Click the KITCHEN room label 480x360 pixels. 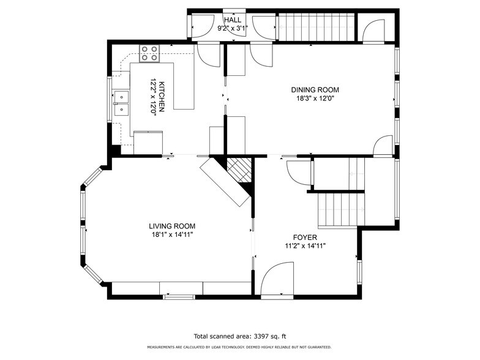[162, 97]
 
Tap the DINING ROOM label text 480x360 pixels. [315, 89]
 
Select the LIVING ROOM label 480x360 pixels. [172, 227]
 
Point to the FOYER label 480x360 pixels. [305, 238]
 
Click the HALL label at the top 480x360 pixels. [233, 20]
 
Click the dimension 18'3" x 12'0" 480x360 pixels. [315, 99]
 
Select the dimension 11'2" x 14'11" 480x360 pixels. [305, 246]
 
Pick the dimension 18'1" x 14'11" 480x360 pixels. [172, 235]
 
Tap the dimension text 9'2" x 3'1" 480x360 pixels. [233, 28]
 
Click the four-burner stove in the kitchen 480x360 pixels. [149, 53]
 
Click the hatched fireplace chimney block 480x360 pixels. [239, 170]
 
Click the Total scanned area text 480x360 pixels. [240, 336]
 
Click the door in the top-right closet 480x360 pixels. [373, 31]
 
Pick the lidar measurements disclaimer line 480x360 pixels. [239, 347]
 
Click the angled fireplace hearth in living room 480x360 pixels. [225, 182]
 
